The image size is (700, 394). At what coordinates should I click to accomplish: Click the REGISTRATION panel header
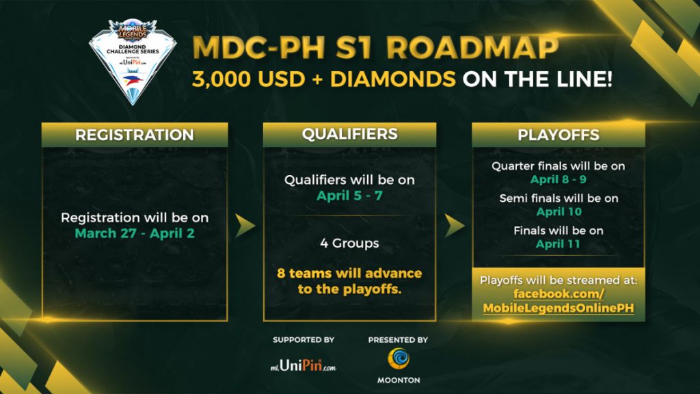coord(135,135)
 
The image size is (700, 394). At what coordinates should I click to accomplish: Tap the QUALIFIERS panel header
coord(349,135)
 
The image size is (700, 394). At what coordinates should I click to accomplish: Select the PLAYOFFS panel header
coord(558,135)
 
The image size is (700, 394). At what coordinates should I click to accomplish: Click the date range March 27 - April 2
coord(135,233)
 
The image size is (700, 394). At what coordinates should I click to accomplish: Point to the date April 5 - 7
coord(349,196)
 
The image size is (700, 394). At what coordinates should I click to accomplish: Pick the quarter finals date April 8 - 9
coord(558,180)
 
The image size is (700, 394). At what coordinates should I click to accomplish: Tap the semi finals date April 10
coord(559,212)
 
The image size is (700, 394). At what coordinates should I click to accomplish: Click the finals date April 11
coord(558,244)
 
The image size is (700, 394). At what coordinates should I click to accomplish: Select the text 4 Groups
coord(349,244)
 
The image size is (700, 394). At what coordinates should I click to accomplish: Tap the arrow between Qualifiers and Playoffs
coord(454,226)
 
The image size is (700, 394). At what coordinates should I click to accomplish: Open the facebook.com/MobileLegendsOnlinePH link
coord(558,301)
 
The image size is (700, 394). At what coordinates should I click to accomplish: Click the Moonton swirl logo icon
coord(399,358)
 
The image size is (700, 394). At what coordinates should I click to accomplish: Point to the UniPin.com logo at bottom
coord(303,367)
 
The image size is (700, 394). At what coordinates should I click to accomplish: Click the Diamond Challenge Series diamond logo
coord(133,61)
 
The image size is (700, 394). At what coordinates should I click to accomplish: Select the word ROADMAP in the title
coord(472,47)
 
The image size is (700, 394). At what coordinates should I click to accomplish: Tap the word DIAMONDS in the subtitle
coord(393,79)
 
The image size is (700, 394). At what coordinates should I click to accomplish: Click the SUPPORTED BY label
coord(304,340)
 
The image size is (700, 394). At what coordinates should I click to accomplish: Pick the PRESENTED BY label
coord(399,340)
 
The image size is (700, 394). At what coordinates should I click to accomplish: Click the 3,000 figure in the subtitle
coord(221,80)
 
